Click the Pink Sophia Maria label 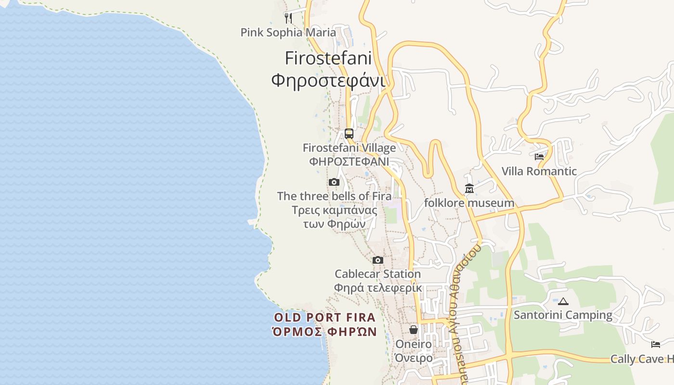click(x=288, y=32)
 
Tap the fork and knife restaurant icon click(x=288, y=18)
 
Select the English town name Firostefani click(x=328, y=58)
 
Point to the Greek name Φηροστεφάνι click(x=328, y=80)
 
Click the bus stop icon click(x=349, y=134)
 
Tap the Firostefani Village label click(x=349, y=148)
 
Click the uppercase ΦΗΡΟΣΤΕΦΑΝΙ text click(x=349, y=161)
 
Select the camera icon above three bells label click(x=334, y=182)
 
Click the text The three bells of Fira click(x=334, y=196)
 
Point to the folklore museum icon click(x=469, y=189)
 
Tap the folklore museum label click(x=469, y=203)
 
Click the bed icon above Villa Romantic click(x=539, y=157)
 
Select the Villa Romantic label click(x=539, y=171)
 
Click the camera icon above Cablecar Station click(x=378, y=260)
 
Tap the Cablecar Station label click(x=378, y=274)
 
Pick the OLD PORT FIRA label click(x=324, y=318)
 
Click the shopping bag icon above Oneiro click(x=414, y=330)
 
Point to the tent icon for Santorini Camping click(x=563, y=301)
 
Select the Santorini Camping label click(x=563, y=315)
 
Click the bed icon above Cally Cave click(x=656, y=345)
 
